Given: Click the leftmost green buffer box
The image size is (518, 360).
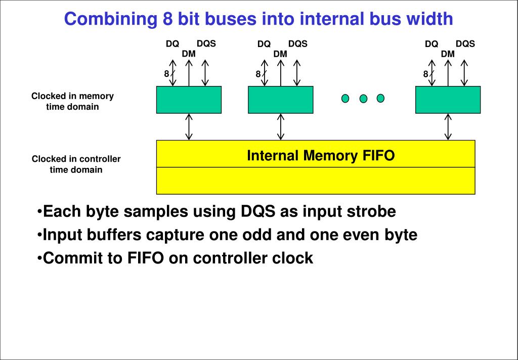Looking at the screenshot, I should tap(189, 100).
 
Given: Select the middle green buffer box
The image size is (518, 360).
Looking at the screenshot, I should tap(280, 100).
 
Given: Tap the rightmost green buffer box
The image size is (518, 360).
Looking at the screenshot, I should tap(448, 100).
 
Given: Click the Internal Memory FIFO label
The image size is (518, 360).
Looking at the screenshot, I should tap(320, 155).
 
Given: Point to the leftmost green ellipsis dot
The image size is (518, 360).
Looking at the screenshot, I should tap(345, 98).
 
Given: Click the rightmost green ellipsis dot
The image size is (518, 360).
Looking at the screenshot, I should tap(380, 98).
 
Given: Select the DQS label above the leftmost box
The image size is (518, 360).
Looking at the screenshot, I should tap(206, 43).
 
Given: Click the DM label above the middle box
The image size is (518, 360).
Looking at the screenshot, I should tap(280, 54).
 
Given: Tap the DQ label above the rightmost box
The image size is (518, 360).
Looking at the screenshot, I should tap(431, 44).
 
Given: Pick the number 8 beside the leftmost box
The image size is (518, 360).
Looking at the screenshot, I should tap(166, 74).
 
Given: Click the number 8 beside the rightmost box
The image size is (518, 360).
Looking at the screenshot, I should tap(426, 74).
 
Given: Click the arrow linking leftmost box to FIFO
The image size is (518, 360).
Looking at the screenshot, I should tap(189, 126).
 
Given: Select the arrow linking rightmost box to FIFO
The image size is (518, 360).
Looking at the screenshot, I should tap(448, 126).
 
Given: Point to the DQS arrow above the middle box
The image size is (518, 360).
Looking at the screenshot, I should tap(297, 73).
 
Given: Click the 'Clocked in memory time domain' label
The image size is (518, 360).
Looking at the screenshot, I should tap(72, 101).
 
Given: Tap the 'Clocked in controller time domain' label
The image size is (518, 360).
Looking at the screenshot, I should tap(76, 164).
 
